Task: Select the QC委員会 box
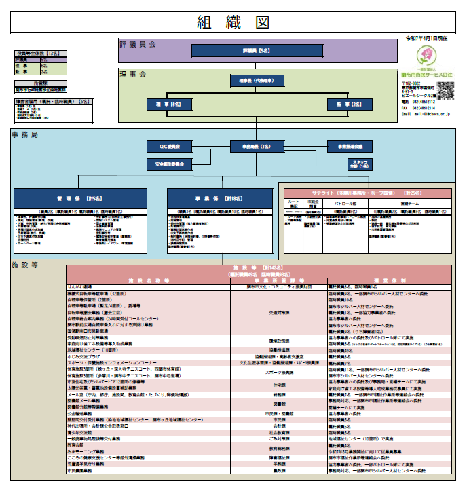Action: pos(167,146)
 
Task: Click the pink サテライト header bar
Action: pos(367,193)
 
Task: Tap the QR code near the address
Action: pos(445,90)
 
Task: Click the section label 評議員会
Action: pos(138,44)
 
